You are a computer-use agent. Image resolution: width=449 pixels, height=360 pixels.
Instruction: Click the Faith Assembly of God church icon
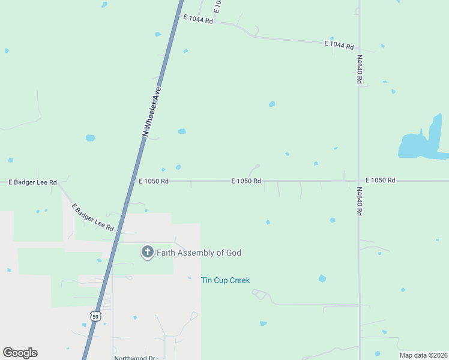147,253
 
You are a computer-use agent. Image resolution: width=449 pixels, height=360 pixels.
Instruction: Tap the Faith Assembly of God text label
199,253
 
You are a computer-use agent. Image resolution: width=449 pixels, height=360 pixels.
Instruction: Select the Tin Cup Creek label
225,280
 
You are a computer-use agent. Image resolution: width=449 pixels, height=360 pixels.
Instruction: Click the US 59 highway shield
96,316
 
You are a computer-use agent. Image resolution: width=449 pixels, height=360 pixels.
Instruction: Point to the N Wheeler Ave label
152,112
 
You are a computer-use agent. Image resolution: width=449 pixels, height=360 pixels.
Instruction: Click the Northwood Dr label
134,358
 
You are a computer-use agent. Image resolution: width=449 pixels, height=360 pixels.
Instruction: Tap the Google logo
20,353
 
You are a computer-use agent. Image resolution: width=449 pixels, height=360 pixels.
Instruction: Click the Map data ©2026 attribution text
422,355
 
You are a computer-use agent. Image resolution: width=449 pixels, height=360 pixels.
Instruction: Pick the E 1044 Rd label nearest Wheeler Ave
198,19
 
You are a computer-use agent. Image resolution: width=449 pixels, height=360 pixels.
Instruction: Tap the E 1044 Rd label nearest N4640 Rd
339,45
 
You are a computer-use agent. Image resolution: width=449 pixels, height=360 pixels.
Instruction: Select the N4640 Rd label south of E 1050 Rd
360,202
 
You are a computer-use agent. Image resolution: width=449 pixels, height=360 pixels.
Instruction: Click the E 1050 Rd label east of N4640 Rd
381,180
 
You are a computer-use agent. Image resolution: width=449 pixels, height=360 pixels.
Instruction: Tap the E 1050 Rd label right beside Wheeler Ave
154,181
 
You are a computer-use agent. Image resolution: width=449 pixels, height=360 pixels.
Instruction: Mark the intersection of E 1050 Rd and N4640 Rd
360,181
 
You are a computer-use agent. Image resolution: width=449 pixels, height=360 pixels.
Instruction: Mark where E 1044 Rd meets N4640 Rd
360,46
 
